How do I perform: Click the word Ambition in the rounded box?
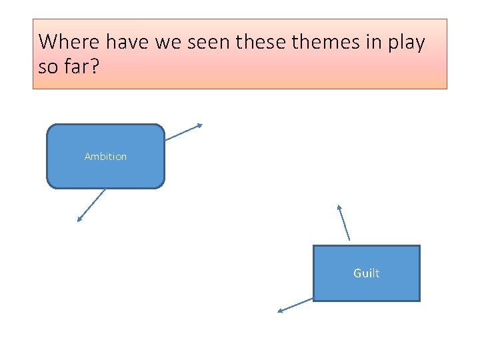click(x=105, y=157)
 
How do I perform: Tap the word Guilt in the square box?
click(x=366, y=273)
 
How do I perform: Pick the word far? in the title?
click(x=79, y=68)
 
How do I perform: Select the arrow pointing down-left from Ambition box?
click(x=92, y=205)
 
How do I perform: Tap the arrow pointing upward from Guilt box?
click(x=343, y=222)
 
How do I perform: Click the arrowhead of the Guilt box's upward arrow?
click(x=339, y=207)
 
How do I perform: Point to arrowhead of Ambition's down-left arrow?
click(x=79, y=220)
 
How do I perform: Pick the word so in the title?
click(x=48, y=68)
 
